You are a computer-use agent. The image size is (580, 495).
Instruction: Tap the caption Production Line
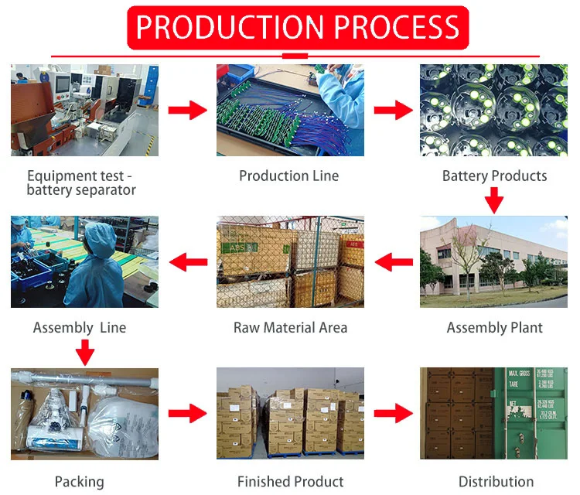tap(288, 176)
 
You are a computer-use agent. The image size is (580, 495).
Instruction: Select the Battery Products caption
tap(494, 176)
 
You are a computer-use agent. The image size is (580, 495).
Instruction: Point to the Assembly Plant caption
tap(494, 327)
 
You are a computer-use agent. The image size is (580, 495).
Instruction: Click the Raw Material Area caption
tap(290, 327)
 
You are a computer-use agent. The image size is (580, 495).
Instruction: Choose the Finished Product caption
tap(290, 481)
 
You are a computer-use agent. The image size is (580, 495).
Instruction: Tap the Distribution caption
tap(496, 481)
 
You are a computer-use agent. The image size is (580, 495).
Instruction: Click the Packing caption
tap(79, 481)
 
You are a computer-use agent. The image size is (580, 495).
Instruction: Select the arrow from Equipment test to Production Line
tap(187, 111)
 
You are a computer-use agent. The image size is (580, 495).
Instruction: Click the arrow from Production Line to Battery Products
tap(393, 111)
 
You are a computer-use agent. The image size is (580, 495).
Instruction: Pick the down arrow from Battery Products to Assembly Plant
tap(494, 202)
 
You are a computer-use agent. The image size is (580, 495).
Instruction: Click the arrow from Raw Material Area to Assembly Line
tap(188, 262)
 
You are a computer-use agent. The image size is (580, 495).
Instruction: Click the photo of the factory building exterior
tap(493, 261)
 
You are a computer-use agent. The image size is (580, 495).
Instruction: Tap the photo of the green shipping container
tap(493, 413)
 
